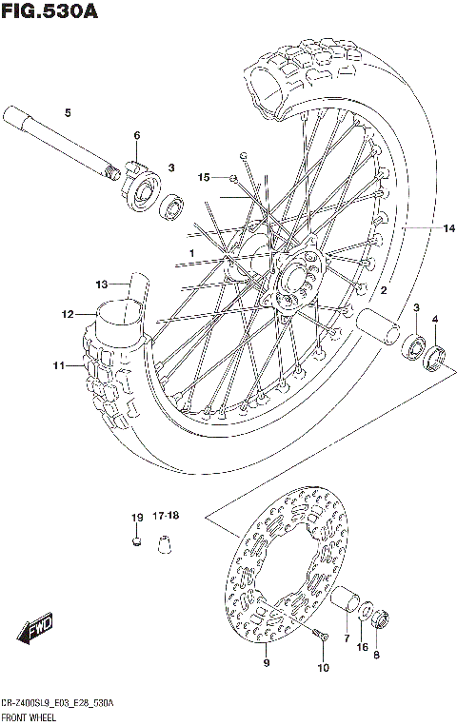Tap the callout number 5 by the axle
pyautogui.click(x=68, y=114)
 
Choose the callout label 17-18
pyautogui.click(x=166, y=516)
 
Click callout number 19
pyautogui.click(x=136, y=517)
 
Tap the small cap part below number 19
pyautogui.click(x=136, y=543)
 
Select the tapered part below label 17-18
pyautogui.click(x=167, y=543)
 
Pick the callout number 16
pyautogui.click(x=362, y=647)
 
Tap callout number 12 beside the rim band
pyautogui.click(x=68, y=314)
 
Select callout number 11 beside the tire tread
pyautogui.click(x=58, y=365)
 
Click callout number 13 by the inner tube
pyautogui.click(x=102, y=284)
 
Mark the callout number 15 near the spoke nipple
pyautogui.click(x=204, y=177)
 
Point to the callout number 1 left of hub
pyautogui.click(x=191, y=252)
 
